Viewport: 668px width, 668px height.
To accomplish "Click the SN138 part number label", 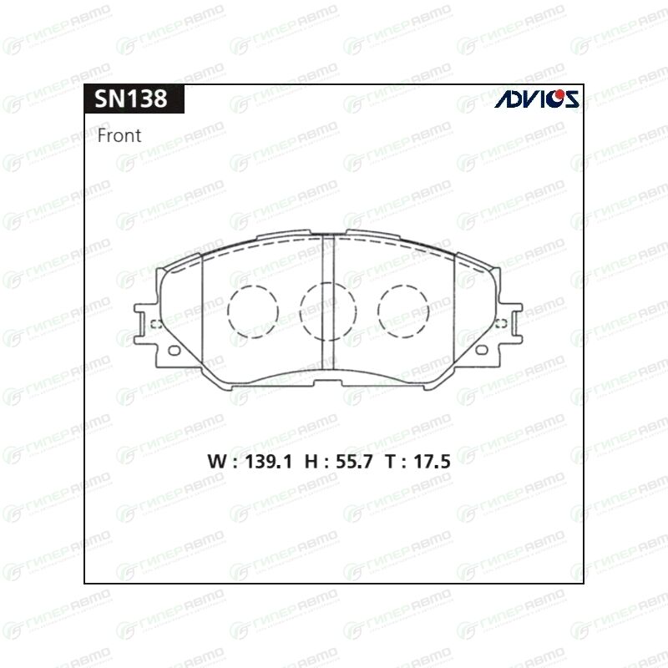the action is pyautogui.click(x=131, y=99).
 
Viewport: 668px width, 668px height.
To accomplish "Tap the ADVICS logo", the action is pyautogui.click(x=536, y=99).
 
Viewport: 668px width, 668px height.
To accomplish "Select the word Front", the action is pyautogui.click(x=119, y=135).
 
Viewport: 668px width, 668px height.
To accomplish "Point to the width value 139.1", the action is pyautogui.click(x=268, y=462).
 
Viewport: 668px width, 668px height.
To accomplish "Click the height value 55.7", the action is pyautogui.click(x=354, y=462).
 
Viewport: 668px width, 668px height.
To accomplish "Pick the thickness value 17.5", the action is pyautogui.click(x=432, y=462).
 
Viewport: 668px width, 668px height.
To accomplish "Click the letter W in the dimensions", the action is pyautogui.click(x=217, y=462).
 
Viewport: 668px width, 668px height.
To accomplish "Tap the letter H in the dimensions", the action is pyautogui.click(x=311, y=462).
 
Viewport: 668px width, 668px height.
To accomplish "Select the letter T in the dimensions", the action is pyautogui.click(x=391, y=462).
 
